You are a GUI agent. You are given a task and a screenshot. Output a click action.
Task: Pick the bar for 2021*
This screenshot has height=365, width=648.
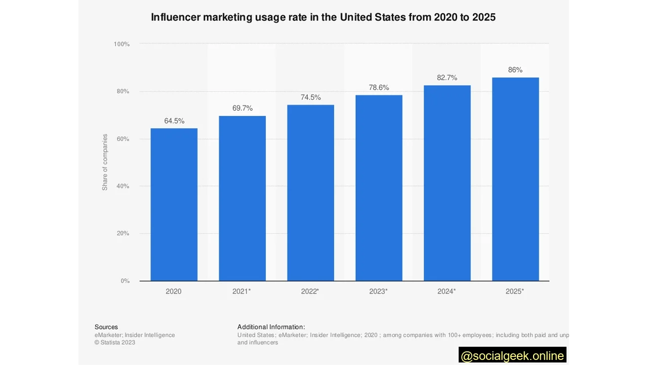242,198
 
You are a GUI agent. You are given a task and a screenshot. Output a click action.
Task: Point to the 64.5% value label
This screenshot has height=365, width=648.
174,121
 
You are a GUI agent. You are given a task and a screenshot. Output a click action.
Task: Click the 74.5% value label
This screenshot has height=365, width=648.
310,97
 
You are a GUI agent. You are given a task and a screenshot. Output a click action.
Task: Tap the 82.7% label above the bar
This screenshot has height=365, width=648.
447,78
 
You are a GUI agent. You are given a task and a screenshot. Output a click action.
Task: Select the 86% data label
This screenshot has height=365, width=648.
515,70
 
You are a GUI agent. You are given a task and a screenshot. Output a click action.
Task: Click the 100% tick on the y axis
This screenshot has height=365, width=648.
121,44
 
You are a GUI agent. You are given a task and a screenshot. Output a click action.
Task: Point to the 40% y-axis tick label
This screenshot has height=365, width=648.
123,186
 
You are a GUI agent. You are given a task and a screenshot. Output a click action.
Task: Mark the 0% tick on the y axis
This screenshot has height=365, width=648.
125,281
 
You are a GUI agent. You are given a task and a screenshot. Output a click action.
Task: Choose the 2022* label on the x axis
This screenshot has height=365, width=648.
310,291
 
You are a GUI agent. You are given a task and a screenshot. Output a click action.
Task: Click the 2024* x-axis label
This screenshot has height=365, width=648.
447,291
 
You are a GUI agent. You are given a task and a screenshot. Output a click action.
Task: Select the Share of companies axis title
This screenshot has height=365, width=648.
105,162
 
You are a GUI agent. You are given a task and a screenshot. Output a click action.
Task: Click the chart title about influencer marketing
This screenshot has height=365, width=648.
323,17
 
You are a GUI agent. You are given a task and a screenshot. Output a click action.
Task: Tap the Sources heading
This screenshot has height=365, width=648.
106,327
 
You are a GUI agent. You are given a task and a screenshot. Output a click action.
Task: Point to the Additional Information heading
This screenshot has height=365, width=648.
271,327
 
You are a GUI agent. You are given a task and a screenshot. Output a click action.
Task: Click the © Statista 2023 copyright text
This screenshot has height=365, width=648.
115,342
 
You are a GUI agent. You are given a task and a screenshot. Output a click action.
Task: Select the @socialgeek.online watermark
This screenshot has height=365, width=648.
512,356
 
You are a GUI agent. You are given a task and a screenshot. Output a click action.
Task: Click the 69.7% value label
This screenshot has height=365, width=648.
242,108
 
